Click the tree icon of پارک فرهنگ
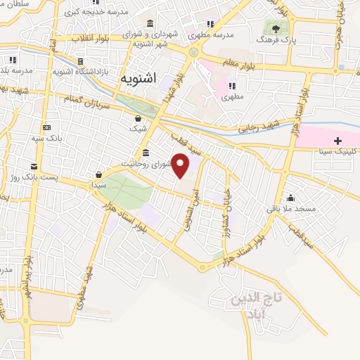tap(276, 29)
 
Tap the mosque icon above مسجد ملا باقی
tap(290, 198)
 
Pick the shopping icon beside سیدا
tap(100, 174)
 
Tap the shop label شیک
tap(137, 129)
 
